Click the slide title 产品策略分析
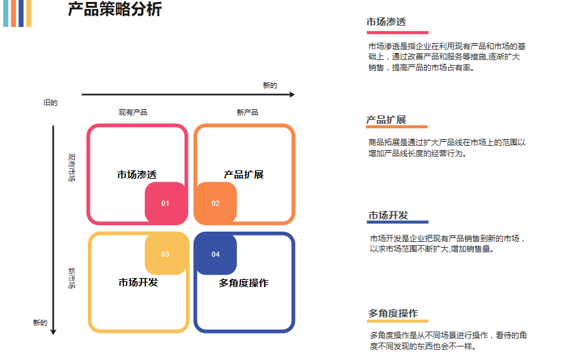click(115, 10)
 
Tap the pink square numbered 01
click(165, 203)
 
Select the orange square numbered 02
click(216, 203)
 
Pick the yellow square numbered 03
click(165, 254)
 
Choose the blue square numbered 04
click(216, 254)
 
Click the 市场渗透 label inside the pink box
click(137, 175)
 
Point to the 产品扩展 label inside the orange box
click(243, 175)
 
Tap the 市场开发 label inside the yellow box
click(138, 283)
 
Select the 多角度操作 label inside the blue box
click(243, 283)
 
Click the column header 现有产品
click(133, 112)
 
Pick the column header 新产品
click(247, 112)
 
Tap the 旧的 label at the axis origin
click(50, 103)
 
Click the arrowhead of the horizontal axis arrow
click(292, 95)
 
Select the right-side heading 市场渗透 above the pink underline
click(386, 23)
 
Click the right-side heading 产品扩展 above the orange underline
click(386, 120)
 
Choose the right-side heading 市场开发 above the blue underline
click(389, 215)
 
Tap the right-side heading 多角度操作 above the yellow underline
click(393, 314)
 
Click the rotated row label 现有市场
click(72, 167)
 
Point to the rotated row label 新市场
click(72, 277)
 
